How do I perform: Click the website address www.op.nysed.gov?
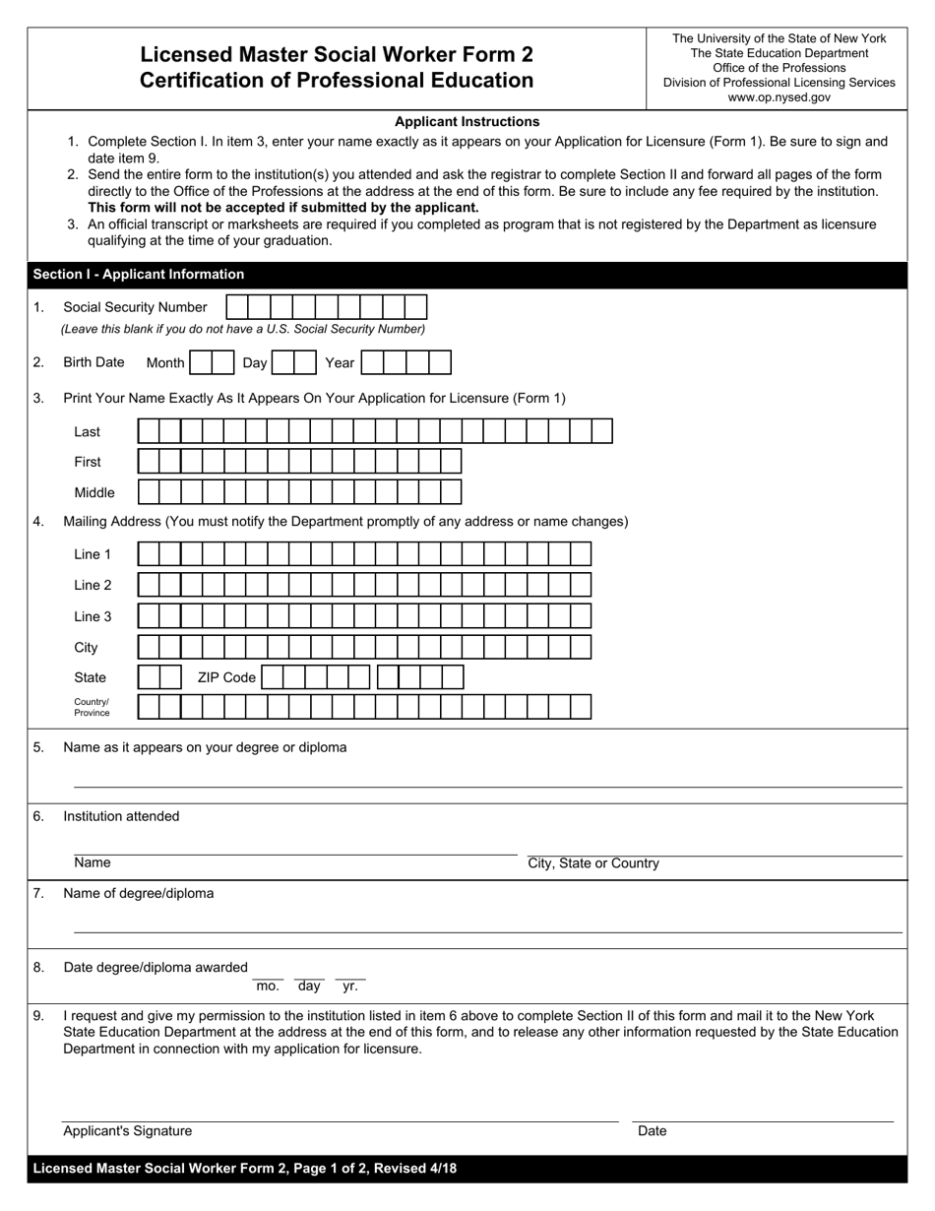pos(779,97)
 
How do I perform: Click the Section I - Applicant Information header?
pos(139,275)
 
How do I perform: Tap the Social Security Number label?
pos(135,307)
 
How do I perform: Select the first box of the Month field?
pos(200,362)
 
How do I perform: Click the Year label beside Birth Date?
pos(340,362)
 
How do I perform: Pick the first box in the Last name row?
pos(149,431)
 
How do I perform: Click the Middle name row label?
pos(94,492)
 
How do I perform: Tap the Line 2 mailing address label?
pos(93,585)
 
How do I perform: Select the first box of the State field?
pos(149,677)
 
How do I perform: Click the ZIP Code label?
pos(226,677)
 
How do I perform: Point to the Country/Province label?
pos(92,707)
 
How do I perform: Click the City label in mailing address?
pos(86,648)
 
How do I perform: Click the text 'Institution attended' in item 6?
pos(121,816)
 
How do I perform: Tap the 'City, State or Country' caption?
pos(593,863)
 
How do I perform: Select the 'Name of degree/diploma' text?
pos(138,893)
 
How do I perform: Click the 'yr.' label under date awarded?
pos(350,986)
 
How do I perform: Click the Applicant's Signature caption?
pos(128,1131)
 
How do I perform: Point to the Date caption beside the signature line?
pos(652,1131)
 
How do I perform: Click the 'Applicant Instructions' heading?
pos(467,122)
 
